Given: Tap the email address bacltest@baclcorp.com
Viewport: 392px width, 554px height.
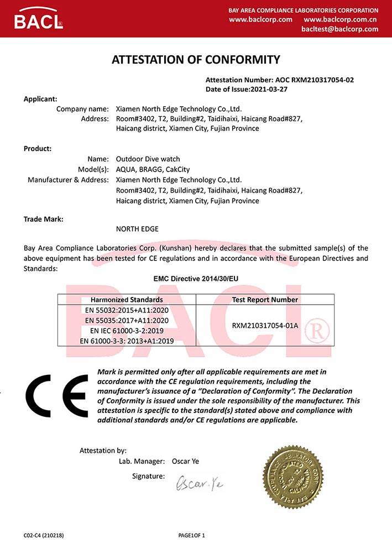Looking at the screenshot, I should (x=341, y=29).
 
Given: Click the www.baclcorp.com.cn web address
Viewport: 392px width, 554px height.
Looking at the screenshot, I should (x=341, y=19).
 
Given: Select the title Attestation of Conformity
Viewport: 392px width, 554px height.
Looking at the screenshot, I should (x=196, y=60).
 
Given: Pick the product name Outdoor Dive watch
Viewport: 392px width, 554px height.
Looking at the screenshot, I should (x=148, y=159).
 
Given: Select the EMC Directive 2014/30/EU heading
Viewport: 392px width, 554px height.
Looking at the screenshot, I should (x=196, y=279).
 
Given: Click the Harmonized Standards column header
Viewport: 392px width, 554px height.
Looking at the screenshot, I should (x=127, y=300).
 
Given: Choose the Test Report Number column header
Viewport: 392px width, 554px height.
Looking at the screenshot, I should (x=265, y=300).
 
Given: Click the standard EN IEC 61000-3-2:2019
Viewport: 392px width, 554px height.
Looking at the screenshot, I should (x=127, y=331).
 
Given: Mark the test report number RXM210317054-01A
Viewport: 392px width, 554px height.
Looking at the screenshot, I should (x=265, y=325).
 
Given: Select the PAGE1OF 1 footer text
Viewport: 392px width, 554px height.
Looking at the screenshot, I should (x=191, y=535).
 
